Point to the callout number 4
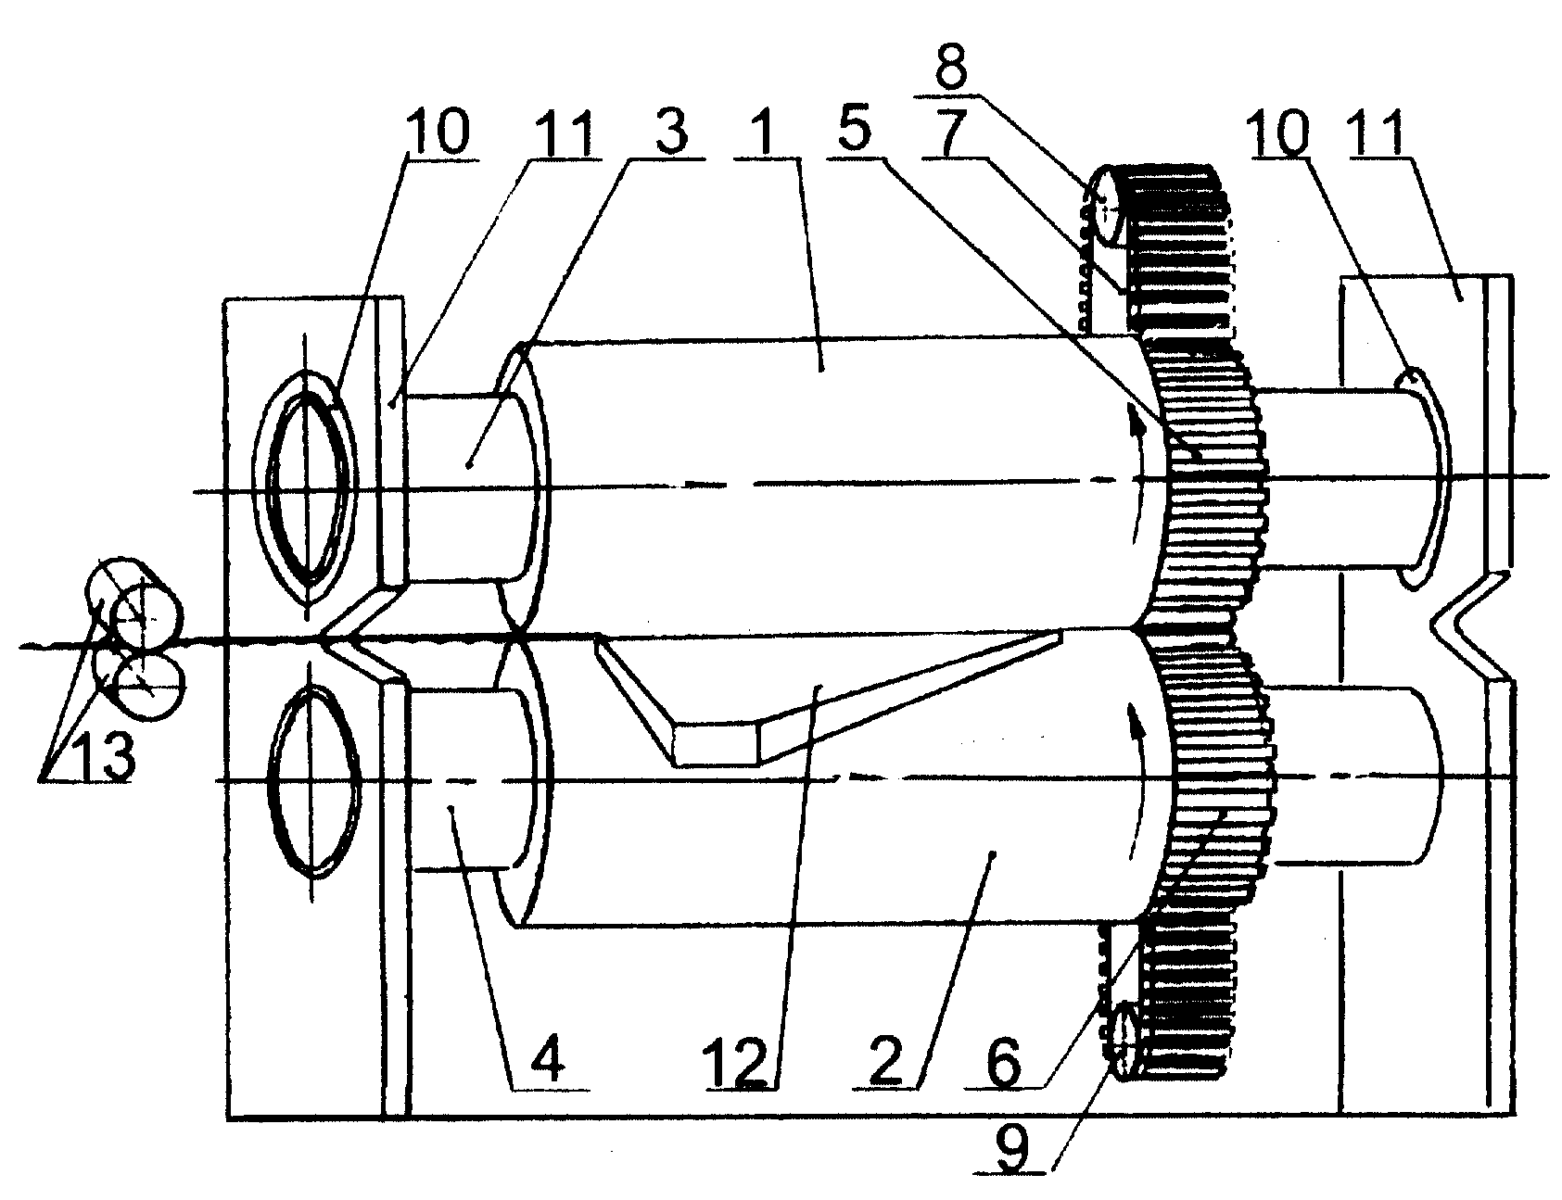tap(549, 1061)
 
